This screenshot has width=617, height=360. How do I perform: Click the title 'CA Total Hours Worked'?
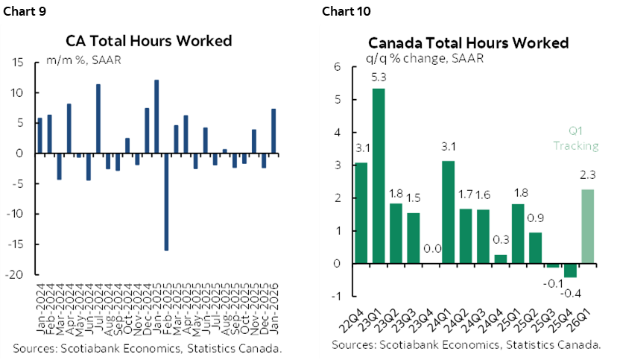tap(159, 41)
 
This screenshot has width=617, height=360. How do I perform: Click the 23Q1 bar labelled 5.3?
tap(379, 176)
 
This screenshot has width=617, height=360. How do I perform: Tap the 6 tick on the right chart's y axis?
tap(337, 67)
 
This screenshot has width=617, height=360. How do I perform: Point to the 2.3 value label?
tap(587, 177)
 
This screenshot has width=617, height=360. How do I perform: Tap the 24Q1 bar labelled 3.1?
tap(448, 212)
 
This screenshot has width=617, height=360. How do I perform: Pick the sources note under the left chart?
tap(148, 348)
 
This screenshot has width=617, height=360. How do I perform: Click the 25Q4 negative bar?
tap(570, 271)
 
